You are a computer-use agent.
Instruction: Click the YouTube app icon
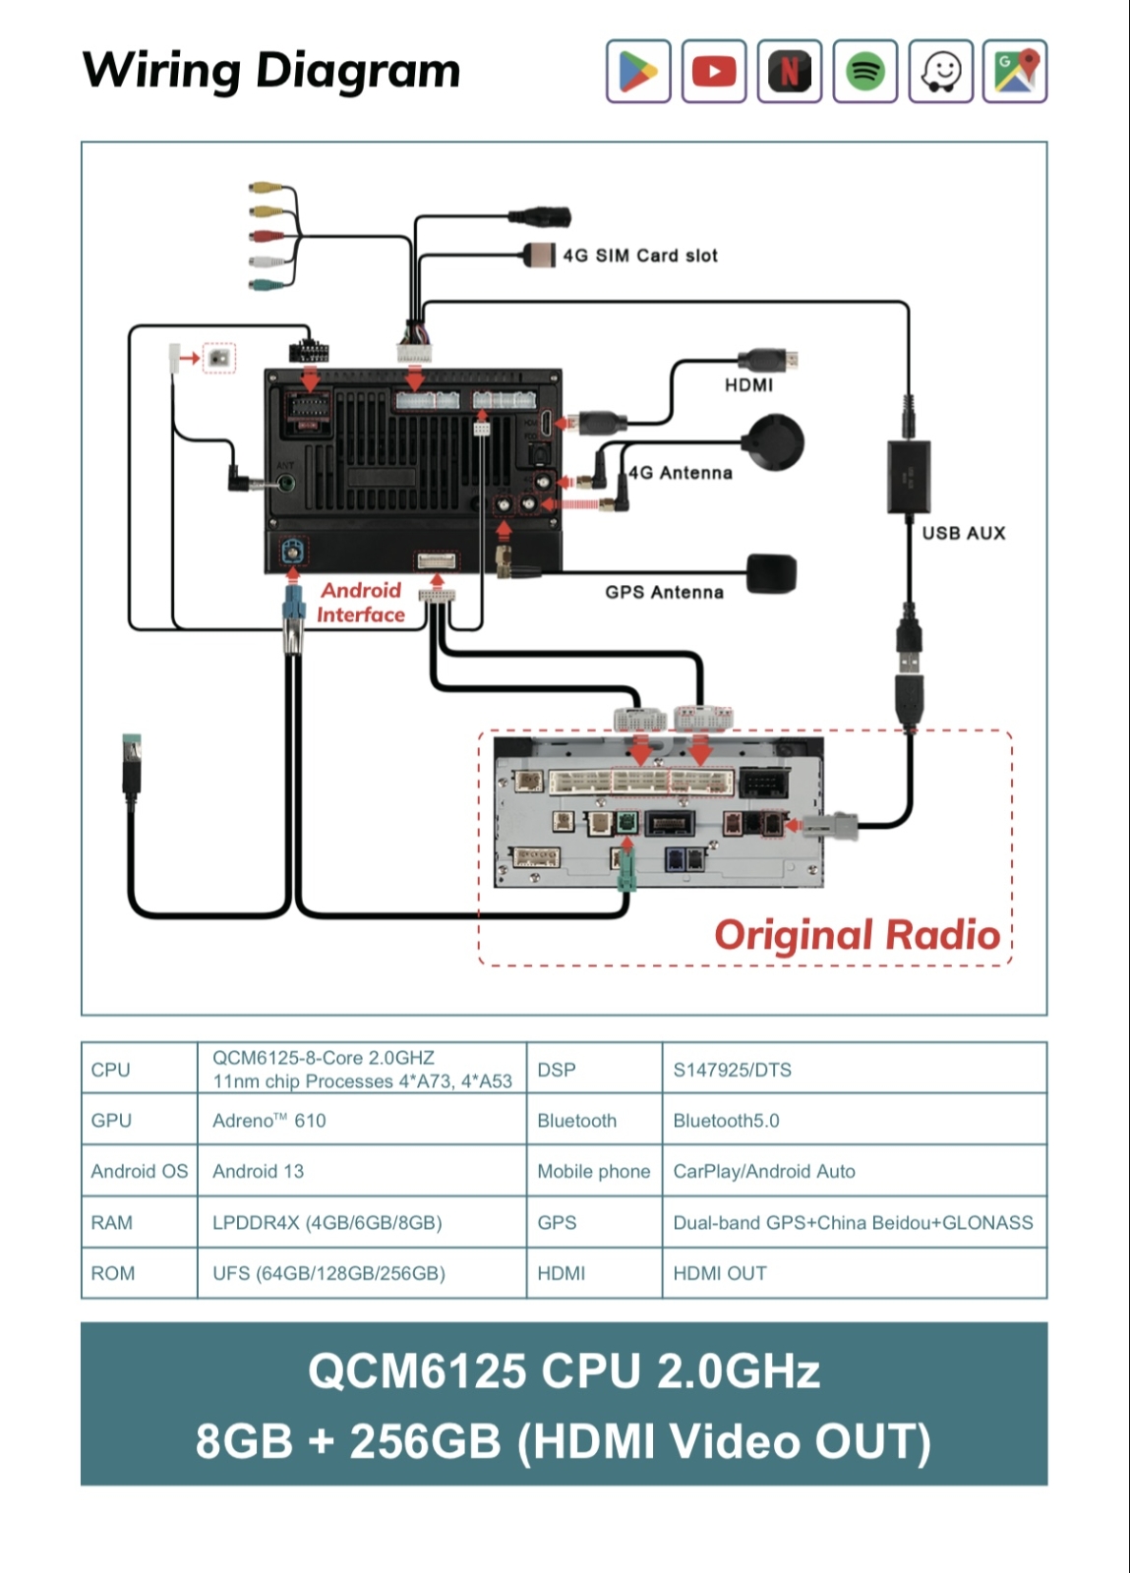pyautogui.click(x=714, y=71)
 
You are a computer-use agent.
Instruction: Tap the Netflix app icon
pyautogui.click(x=790, y=71)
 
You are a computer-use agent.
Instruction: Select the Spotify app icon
pyautogui.click(x=865, y=71)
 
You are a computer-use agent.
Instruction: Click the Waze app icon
pyautogui.click(x=940, y=71)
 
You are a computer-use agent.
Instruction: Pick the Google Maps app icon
pyautogui.click(x=1015, y=71)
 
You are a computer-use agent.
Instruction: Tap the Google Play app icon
pyautogui.click(x=638, y=71)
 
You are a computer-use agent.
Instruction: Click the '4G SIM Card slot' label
pyautogui.click(x=640, y=256)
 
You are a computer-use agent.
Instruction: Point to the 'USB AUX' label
pyautogui.click(x=964, y=533)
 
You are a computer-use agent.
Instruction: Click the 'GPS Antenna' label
pyautogui.click(x=665, y=592)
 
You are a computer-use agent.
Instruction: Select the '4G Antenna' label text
pyautogui.click(x=681, y=473)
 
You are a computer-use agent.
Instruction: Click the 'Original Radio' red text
pyautogui.click(x=858, y=935)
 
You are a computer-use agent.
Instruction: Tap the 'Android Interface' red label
pyautogui.click(x=361, y=603)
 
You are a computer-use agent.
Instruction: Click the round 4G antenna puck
pyautogui.click(x=775, y=442)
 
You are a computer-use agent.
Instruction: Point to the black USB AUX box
pyautogui.click(x=909, y=477)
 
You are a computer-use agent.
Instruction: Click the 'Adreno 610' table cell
pyautogui.click(x=269, y=1120)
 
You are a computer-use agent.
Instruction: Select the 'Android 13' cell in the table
pyautogui.click(x=259, y=1171)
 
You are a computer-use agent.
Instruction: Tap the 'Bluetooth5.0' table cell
pyautogui.click(x=726, y=1120)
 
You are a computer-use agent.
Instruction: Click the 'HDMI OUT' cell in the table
pyautogui.click(x=720, y=1273)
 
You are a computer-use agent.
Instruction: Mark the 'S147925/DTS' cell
pyautogui.click(x=732, y=1070)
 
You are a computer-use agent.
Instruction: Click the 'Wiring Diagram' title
pyautogui.click(x=271, y=71)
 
